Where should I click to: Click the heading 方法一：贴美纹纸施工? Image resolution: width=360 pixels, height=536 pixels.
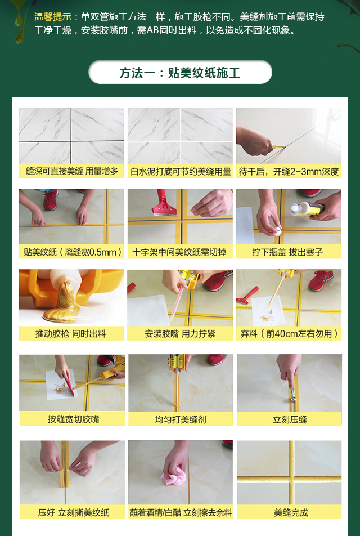pos(180,73)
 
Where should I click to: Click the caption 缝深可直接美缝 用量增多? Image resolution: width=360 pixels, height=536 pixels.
pos(71,171)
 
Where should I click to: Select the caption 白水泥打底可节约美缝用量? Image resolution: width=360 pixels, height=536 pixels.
pos(180,171)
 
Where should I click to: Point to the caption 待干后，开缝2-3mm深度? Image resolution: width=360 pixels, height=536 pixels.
pos(289,171)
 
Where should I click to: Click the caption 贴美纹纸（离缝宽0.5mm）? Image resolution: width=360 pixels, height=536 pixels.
pos(71,252)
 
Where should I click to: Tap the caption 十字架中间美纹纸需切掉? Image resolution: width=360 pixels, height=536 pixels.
pos(180,252)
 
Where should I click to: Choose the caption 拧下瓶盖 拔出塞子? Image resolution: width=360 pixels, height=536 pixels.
pos(289,252)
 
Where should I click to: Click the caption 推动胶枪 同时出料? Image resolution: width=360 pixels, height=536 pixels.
pos(71,333)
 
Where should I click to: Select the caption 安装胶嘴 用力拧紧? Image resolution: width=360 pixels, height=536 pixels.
pos(180,333)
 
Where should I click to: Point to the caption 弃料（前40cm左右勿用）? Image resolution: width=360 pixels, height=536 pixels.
pos(289,333)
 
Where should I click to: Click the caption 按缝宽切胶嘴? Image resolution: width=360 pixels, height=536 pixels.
pos(71,419)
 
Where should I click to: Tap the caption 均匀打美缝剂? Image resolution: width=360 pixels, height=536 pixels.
pos(180,419)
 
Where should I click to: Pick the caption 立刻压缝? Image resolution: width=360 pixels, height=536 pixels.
pos(289,419)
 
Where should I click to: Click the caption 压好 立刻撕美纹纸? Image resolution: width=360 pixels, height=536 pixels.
pos(71,512)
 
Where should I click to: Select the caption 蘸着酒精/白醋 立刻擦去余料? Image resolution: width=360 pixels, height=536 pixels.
pos(180,512)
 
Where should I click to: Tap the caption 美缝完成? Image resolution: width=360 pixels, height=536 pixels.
pos(289,512)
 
